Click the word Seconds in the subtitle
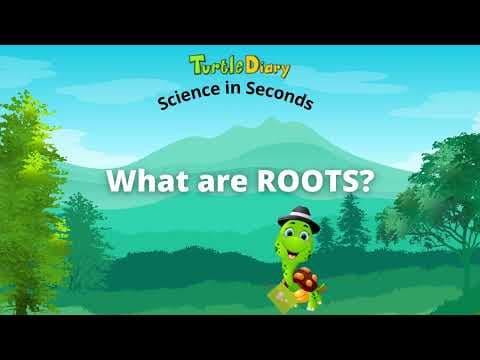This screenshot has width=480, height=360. pos(281,100)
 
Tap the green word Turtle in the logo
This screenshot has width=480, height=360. pos(213,67)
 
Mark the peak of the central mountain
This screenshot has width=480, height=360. pos(266,122)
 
